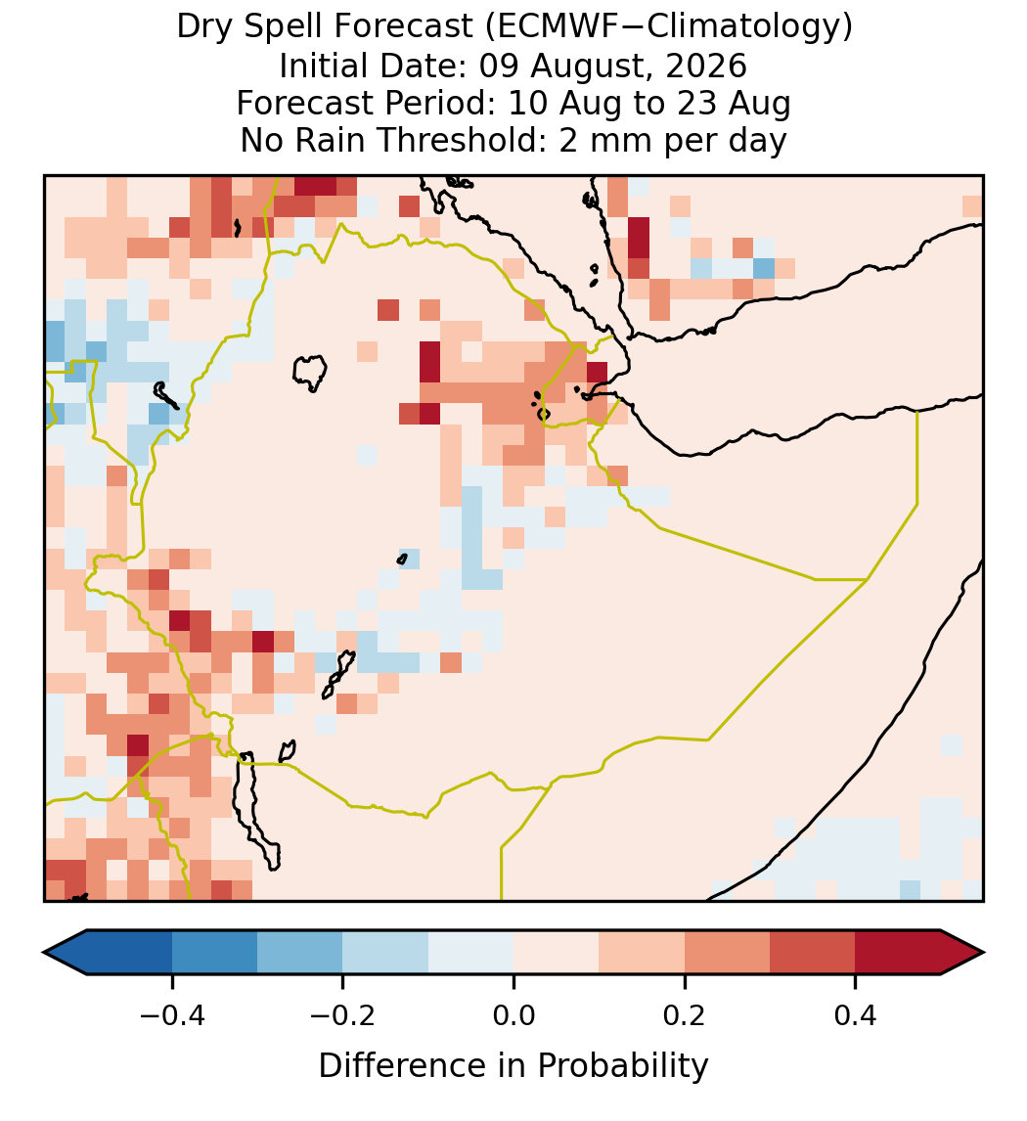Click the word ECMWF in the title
(547, 27)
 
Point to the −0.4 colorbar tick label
(171, 1015)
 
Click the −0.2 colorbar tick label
(342, 1015)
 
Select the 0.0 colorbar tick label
(513, 1015)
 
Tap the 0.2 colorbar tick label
(685, 1015)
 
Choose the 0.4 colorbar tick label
(856, 1015)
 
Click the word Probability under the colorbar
(622, 1066)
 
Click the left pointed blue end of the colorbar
(65, 953)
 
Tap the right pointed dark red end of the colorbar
(962, 953)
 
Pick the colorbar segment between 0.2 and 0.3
(727, 953)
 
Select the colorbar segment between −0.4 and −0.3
(214, 953)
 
